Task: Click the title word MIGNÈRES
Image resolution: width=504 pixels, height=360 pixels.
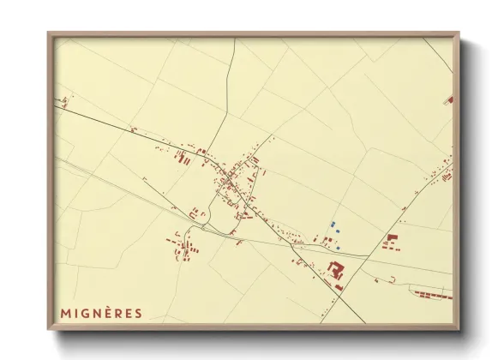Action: click(x=101, y=313)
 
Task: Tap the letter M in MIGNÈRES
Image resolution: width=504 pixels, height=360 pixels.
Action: click(x=65, y=313)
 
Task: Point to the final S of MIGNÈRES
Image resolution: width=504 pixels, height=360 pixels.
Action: click(x=138, y=313)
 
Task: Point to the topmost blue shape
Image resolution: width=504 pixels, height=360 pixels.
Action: click(x=332, y=224)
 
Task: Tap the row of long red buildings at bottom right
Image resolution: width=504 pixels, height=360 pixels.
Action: click(x=432, y=294)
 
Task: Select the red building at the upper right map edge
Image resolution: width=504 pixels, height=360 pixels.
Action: click(x=448, y=100)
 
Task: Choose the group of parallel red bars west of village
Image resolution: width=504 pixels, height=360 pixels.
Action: click(x=180, y=158)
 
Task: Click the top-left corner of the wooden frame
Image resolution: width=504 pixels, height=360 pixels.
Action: click(x=49, y=33)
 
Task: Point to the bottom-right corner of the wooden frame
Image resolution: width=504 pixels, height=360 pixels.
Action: click(x=459, y=329)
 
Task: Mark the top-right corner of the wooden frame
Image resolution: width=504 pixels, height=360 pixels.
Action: click(x=459, y=33)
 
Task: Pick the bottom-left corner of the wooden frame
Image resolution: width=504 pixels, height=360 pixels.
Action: click(x=49, y=329)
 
